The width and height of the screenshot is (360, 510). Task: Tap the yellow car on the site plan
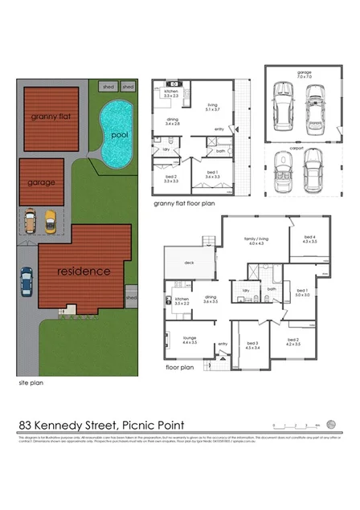click(x=51, y=221)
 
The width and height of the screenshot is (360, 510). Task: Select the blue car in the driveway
click(x=27, y=280)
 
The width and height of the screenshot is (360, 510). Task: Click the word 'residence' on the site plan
click(x=83, y=271)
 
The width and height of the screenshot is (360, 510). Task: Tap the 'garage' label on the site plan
click(x=42, y=182)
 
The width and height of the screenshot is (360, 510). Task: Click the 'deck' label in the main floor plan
click(x=190, y=263)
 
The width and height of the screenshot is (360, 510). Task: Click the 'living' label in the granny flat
click(x=212, y=105)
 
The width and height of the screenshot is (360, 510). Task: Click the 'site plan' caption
click(x=31, y=384)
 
